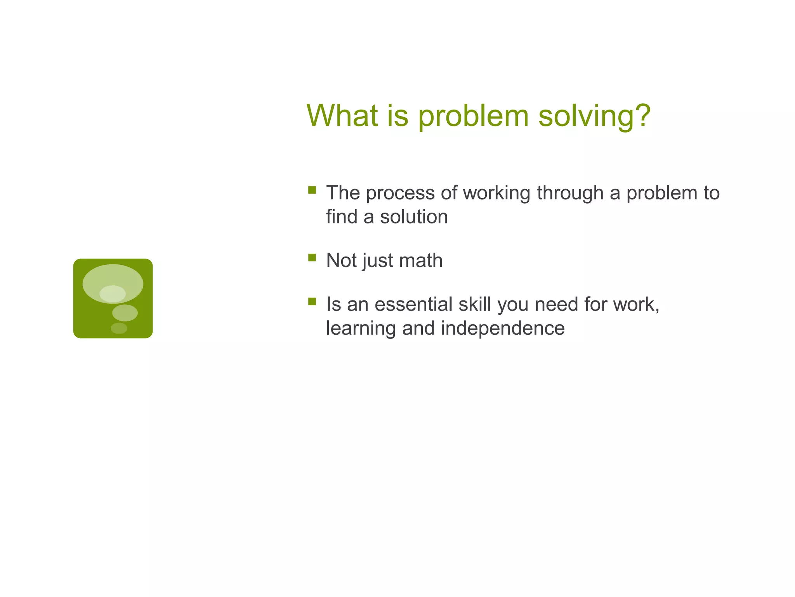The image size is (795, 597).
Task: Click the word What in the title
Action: pos(342,115)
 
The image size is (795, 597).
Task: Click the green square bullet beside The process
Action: pos(312,190)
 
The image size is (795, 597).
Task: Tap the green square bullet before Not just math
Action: pos(312,257)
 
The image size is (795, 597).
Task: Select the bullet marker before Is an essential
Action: pos(312,301)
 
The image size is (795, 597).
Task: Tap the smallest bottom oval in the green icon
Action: pos(119,328)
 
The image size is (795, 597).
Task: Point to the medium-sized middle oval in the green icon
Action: pos(125,313)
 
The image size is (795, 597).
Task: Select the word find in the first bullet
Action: pos(341,217)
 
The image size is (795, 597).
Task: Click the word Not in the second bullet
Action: pos(341,260)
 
